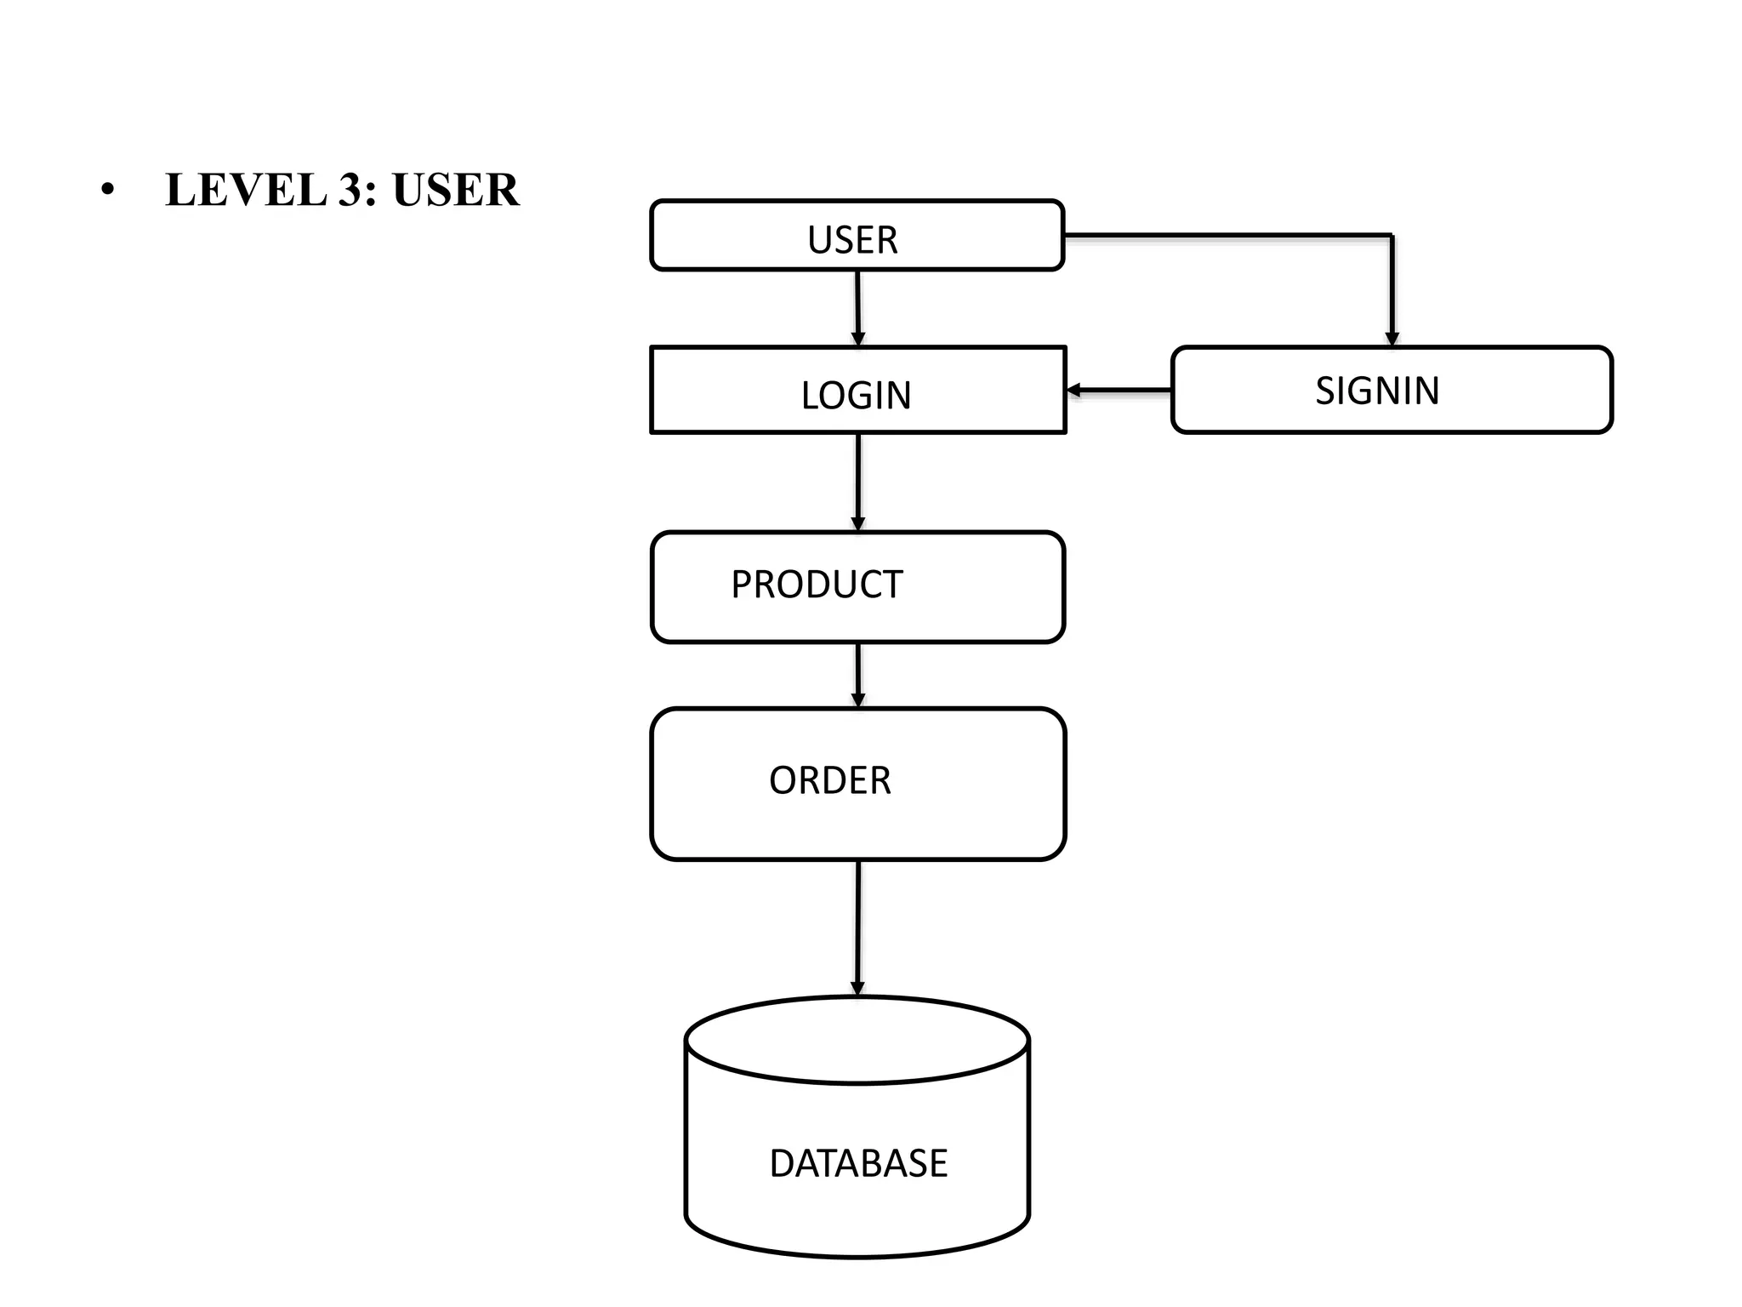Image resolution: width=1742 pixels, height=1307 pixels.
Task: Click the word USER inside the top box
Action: [x=852, y=240]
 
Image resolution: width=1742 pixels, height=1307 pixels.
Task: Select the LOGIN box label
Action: [x=856, y=396]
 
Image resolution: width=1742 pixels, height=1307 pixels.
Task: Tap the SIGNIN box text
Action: [x=1377, y=391]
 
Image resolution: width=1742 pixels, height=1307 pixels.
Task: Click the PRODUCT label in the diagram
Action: [x=817, y=585]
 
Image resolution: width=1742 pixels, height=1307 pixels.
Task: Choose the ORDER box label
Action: [x=830, y=780]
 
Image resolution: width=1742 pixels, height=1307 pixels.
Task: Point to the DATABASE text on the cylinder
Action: [x=858, y=1163]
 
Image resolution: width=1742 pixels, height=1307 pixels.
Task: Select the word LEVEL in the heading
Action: [x=246, y=190]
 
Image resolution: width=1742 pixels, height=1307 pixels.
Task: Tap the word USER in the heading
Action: [x=456, y=190]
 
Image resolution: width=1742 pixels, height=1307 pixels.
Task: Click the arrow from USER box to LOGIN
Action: [x=857, y=306]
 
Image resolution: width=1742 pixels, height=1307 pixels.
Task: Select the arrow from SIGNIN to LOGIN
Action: [x=1119, y=391]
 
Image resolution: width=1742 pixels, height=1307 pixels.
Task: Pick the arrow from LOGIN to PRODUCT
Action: [x=858, y=481]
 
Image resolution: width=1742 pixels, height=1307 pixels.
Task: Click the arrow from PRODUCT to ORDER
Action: [x=858, y=674]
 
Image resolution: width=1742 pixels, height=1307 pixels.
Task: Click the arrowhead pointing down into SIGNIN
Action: [x=1392, y=339]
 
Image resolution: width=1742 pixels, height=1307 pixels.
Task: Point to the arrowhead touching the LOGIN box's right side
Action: [x=1074, y=391]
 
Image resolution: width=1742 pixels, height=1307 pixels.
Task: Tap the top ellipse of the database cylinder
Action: [x=857, y=1041]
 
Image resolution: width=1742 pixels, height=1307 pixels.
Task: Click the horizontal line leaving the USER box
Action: [x=1225, y=235]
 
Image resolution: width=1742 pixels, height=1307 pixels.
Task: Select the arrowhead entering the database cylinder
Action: [x=857, y=988]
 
